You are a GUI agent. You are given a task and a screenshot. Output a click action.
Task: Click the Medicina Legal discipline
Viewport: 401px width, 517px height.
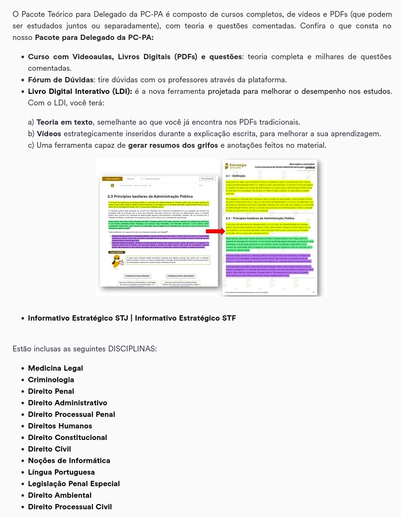click(55, 368)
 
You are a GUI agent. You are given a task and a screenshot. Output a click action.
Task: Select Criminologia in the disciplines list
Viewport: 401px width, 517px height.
click(51, 380)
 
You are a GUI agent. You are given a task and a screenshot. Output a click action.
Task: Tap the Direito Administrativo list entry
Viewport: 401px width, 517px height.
click(67, 403)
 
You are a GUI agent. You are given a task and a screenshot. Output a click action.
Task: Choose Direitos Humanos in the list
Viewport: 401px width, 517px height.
click(60, 426)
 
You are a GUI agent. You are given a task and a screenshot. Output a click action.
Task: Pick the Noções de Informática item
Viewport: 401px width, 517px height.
click(69, 461)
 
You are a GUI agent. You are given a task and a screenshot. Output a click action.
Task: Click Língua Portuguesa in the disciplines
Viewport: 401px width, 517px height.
click(61, 472)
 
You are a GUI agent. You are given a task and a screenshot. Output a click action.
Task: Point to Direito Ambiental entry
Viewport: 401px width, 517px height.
click(60, 495)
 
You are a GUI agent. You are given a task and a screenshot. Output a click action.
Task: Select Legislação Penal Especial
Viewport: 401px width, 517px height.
click(74, 484)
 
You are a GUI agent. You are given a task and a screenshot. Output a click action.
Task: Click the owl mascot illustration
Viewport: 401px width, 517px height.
click(117, 261)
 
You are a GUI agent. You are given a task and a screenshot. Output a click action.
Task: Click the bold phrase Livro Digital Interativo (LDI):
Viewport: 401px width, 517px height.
click(80, 91)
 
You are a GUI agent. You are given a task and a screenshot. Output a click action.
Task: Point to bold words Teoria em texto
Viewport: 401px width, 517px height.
click(65, 122)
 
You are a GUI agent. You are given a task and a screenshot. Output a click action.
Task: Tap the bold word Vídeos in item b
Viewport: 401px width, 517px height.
click(49, 134)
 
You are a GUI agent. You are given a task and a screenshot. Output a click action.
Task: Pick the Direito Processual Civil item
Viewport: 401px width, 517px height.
click(70, 507)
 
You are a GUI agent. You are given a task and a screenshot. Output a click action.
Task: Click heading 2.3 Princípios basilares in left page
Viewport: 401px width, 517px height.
click(150, 196)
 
